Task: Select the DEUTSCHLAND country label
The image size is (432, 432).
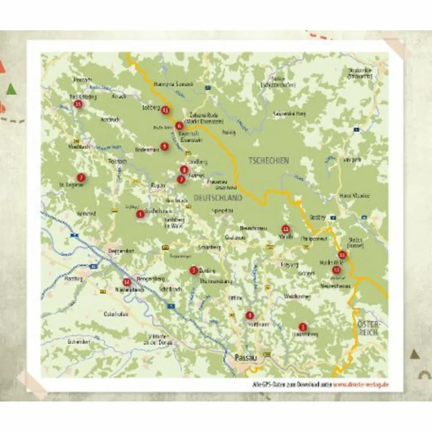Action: tap(218, 198)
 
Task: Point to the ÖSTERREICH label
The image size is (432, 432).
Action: tap(368, 328)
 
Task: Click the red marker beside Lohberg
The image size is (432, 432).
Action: tap(165, 110)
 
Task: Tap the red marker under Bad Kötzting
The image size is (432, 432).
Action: tap(78, 105)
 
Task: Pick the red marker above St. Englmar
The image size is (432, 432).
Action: tap(81, 177)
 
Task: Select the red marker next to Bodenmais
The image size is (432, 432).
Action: tap(164, 146)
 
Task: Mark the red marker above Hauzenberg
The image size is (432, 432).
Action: tap(302, 327)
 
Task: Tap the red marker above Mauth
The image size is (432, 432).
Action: tap(286, 229)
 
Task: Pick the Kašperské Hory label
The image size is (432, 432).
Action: tap(289, 113)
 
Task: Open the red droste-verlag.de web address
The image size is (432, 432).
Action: tap(362, 384)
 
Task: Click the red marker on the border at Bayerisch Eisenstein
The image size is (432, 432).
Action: tap(179, 125)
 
